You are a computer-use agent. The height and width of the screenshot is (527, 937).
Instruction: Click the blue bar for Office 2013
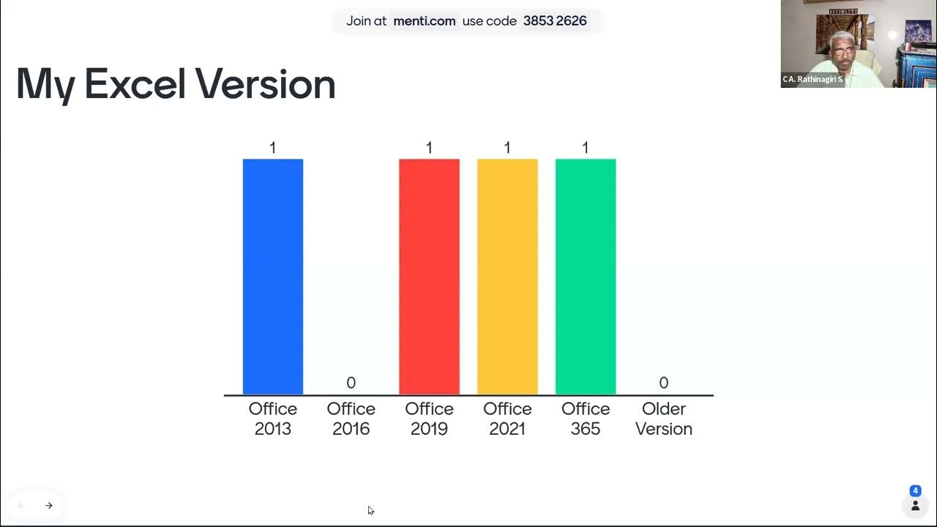[272, 277]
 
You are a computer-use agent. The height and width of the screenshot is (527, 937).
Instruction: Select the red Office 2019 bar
[429, 277]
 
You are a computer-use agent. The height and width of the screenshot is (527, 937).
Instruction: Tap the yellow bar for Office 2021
[507, 277]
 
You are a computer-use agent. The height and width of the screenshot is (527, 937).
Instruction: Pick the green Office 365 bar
[586, 277]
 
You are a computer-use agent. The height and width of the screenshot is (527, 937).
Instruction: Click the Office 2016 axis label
[351, 419]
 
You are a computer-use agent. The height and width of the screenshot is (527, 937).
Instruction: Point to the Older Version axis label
[663, 419]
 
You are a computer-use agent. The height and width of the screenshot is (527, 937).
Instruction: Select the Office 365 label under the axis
[586, 419]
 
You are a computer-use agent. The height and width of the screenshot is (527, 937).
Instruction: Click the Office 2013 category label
[272, 419]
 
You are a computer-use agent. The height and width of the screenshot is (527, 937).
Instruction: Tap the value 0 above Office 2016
[351, 383]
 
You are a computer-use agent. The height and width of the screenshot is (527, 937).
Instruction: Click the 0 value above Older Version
[663, 383]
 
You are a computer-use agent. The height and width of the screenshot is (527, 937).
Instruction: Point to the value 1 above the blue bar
[272, 148]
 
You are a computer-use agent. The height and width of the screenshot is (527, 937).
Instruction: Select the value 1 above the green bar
[586, 148]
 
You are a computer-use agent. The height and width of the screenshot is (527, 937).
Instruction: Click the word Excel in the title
[135, 84]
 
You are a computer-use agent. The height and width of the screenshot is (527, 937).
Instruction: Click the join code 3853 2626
[555, 21]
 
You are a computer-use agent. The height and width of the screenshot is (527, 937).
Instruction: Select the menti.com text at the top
[425, 21]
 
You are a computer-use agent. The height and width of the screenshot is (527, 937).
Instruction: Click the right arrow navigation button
[49, 506]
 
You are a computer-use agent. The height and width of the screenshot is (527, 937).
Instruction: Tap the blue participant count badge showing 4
[915, 491]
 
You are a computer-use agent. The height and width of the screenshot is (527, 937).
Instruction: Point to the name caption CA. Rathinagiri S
[813, 79]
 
